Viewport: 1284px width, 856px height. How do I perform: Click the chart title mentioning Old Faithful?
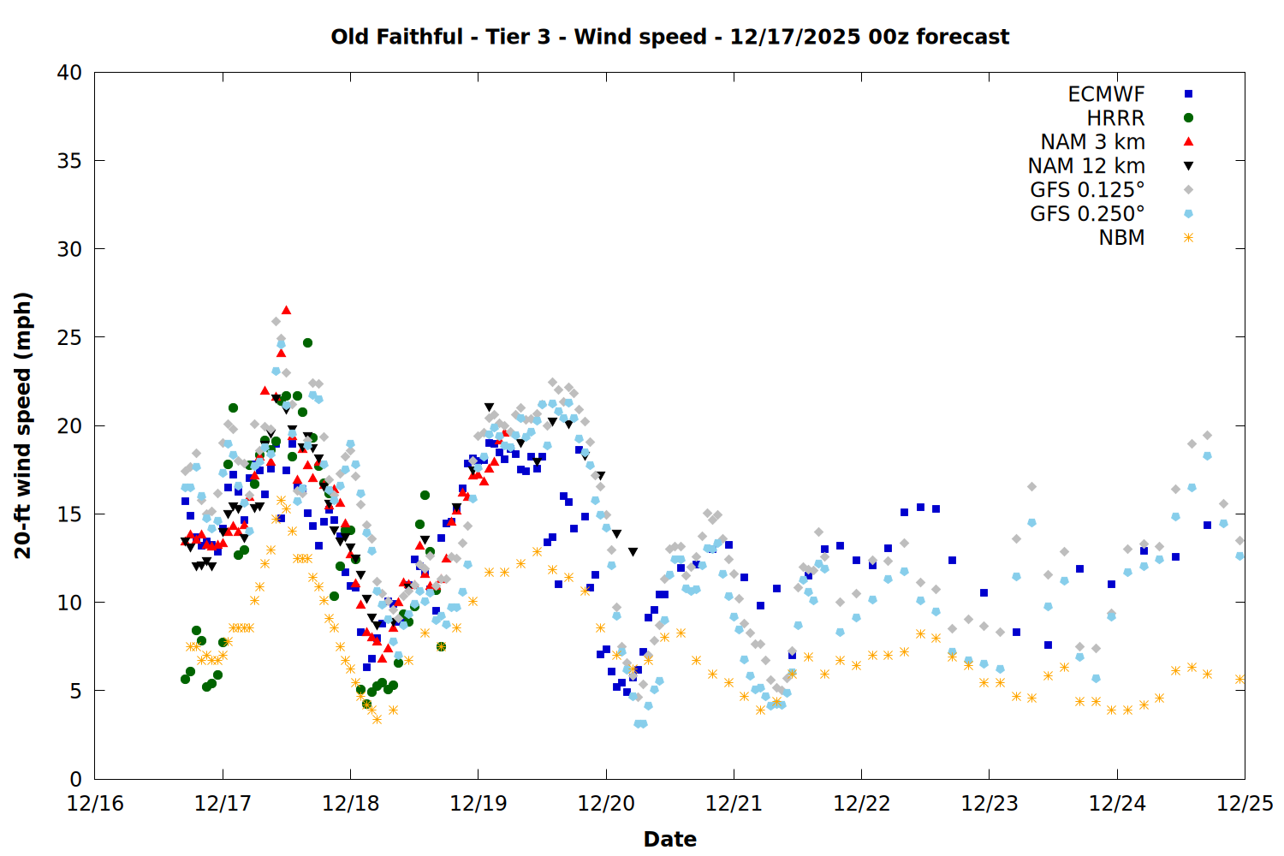coord(669,37)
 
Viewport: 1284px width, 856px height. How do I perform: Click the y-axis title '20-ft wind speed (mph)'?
coord(23,425)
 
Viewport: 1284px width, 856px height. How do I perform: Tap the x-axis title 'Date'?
coord(669,839)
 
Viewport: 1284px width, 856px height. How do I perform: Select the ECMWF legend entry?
coord(1106,94)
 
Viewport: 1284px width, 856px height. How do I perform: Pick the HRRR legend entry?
coord(1115,118)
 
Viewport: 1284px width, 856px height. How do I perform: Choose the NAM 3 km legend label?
coord(1092,142)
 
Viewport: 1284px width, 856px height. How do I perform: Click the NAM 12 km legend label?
coord(1086,166)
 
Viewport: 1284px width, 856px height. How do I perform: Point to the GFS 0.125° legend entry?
coord(1087,190)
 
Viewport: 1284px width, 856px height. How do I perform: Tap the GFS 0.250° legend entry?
coord(1087,214)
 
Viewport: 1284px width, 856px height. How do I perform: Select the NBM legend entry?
coord(1121,238)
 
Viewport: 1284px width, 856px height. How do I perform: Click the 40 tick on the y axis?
coord(69,73)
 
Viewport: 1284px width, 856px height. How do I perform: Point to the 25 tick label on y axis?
coord(69,337)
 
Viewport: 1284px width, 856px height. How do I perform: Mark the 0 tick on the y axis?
coord(75,779)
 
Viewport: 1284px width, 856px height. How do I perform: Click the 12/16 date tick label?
coord(95,804)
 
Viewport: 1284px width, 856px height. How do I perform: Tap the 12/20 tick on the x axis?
coord(606,804)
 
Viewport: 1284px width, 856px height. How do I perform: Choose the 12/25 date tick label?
coord(1245,804)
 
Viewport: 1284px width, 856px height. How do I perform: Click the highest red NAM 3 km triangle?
coord(286,310)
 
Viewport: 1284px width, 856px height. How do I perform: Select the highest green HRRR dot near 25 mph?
coord(307,342)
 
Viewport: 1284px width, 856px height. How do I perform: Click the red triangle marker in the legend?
coord(1188,142)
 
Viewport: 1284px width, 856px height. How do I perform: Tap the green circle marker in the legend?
coord(1188,118)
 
